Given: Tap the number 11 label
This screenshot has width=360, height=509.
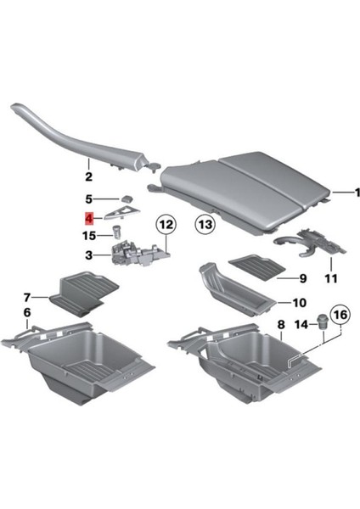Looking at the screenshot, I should pos(330,277).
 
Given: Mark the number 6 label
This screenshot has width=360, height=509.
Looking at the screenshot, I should pos(26,313).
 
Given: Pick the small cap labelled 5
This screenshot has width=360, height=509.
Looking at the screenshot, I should pos(123,198).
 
